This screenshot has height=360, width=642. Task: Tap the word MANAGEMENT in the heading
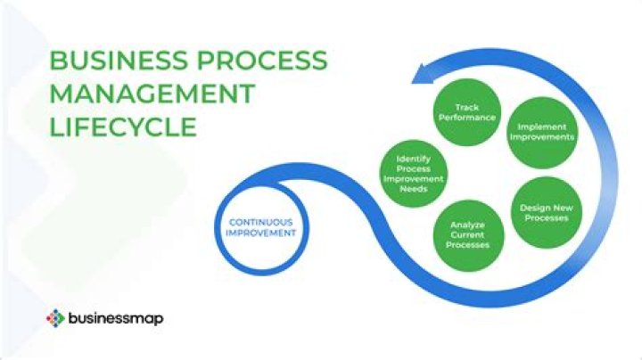(152, 94)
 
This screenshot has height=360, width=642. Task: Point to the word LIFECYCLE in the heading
(123, 126)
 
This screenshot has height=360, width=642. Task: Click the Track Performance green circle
(467, 112)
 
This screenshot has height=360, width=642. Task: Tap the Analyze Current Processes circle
(468, 234)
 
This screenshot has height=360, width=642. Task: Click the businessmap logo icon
(55, 316)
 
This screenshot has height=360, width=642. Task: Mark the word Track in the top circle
(467, 108)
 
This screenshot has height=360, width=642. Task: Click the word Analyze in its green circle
(468, 225)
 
